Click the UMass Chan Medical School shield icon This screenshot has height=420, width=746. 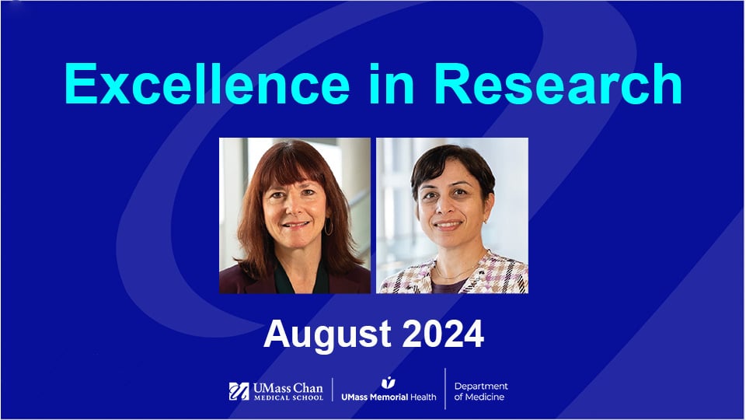click(239, 391)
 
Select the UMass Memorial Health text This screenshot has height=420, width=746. click(389, 397)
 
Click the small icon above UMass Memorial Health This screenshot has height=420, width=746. click(388, 383)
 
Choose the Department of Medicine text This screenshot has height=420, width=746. click(480, 391)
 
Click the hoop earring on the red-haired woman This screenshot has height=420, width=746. click(329, 226)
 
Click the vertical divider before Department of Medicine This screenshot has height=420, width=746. click(445, 389)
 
